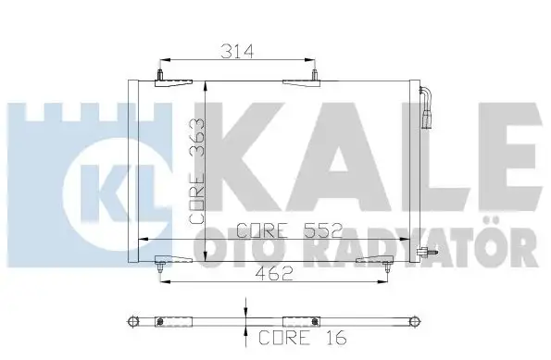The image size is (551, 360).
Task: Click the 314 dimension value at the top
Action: [x=237, y=52]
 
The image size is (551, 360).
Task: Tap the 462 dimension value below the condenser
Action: [x=274, y=273]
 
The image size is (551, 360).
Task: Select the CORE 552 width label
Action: [x=289, y=230]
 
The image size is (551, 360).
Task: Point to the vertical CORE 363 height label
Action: [x=197, y=171]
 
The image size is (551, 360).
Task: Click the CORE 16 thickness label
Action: [x=303, y=338]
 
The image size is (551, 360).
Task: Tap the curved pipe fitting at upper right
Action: [x=426, y=108]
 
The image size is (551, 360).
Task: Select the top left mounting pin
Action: [x=160, y=75]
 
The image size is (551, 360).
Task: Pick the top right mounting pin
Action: [x=315, y=75]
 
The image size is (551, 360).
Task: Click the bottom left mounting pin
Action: [x=160, y=267]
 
